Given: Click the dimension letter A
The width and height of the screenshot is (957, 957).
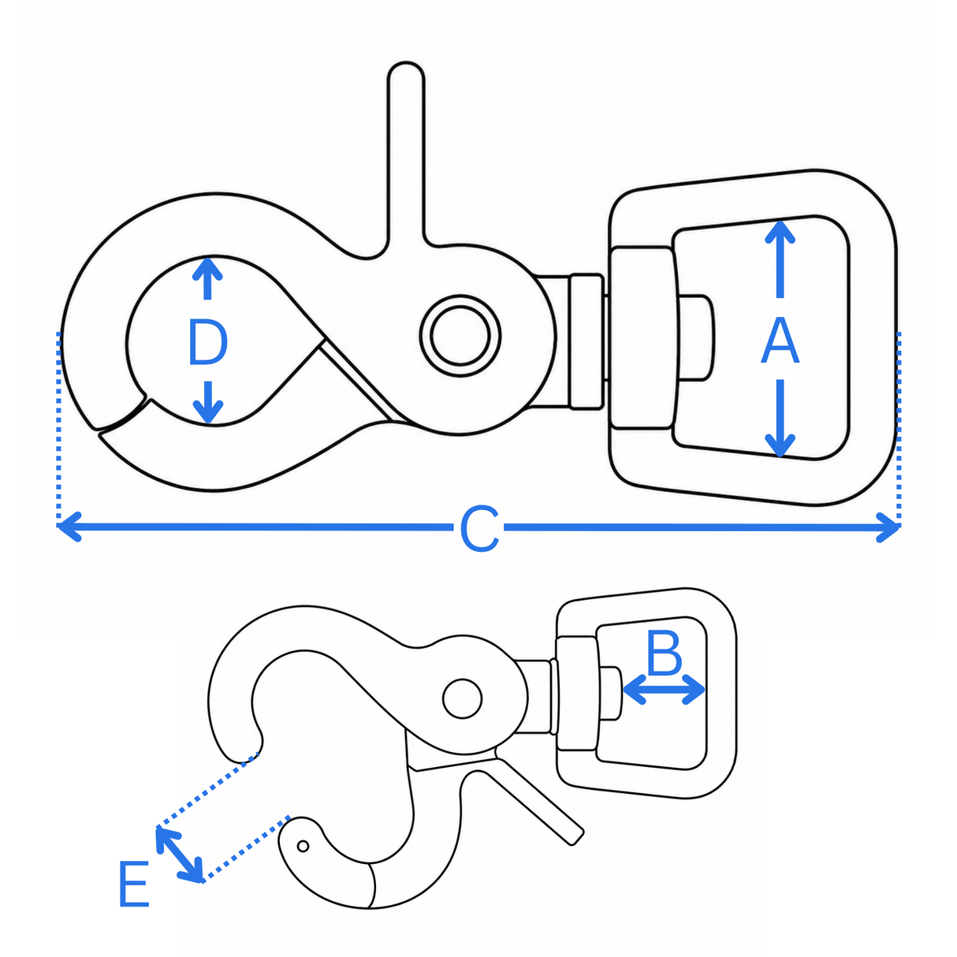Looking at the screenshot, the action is pyautogui.click(x=780, y=341).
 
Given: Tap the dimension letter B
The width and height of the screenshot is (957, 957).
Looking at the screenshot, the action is pyautogui.click(x=665, y=653).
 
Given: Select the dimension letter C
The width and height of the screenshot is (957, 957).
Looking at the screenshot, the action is pyautogui.click(x=479, y=529).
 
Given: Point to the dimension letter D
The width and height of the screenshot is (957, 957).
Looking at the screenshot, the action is pyautogui.click(x=208, y=342).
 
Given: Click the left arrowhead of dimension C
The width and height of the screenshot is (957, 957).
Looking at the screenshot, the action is pyautogui.click(x=69, y=527).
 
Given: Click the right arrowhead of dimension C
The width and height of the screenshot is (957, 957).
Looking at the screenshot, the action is pyautogui.click(x=888, y=527).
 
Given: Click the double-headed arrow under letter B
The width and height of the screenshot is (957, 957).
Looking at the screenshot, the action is pyautogui.click(x=664, y=689).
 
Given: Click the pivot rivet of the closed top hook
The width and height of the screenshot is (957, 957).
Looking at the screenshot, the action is pyautogui.click(x=460, y=335).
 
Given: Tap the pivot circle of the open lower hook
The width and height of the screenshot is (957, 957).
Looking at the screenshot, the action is pyautogui.click(x=462, y=698).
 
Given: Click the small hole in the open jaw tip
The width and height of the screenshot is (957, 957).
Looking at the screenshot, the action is pyautogui.click(x=303, y=845).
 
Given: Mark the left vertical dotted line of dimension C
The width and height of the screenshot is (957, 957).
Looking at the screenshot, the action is pyautogui.click(x=58, y=429).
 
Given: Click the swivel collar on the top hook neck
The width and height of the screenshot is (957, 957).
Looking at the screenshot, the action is pyautogui.click(x=586, y=341).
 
